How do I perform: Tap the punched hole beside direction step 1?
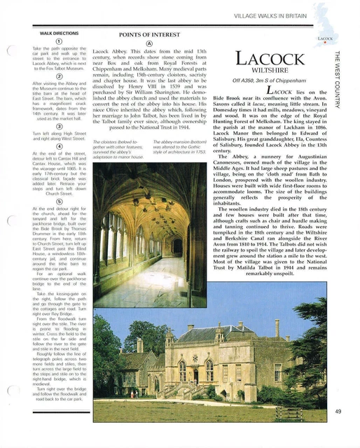(11, 49)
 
